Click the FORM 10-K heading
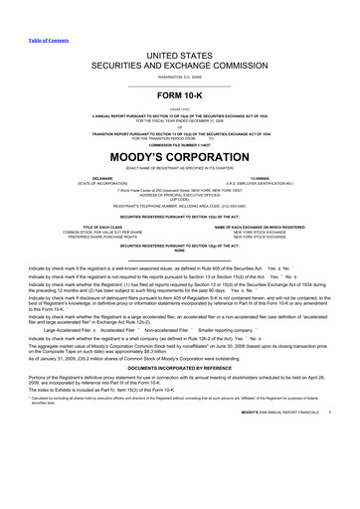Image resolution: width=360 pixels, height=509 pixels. pyautogui.click(x=179, y=69)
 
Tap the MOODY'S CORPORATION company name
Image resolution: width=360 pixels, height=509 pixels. pyautogui.click(x=179, y=127)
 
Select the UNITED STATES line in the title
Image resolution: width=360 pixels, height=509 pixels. pyautogui.click(x=179, y=30)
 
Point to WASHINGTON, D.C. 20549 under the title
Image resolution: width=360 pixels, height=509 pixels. pyautogui.click(x=179, y=49)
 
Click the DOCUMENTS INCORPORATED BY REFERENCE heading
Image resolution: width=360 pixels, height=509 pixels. pyautogui.click(x=179, y=382)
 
